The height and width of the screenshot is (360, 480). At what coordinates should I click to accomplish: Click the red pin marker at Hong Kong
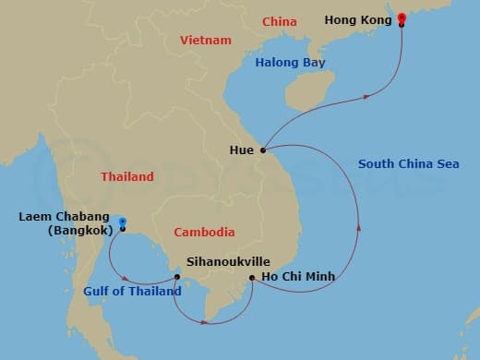point(402,18)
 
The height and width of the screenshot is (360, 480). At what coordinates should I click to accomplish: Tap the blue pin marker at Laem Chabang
point(121,222)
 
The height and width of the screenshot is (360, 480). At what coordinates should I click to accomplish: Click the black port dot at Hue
point(263,150)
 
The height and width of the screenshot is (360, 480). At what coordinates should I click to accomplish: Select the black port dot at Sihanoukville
point(176,276)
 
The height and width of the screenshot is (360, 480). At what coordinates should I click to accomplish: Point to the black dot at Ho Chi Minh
point(252,276)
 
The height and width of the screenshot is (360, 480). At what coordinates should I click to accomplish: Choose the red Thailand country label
point(128,176)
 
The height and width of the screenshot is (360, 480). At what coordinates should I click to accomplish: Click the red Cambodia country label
point(205,232)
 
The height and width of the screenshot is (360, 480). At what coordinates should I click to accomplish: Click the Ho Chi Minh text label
point(296,276)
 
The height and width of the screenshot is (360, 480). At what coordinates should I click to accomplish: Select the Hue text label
point(242,149)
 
